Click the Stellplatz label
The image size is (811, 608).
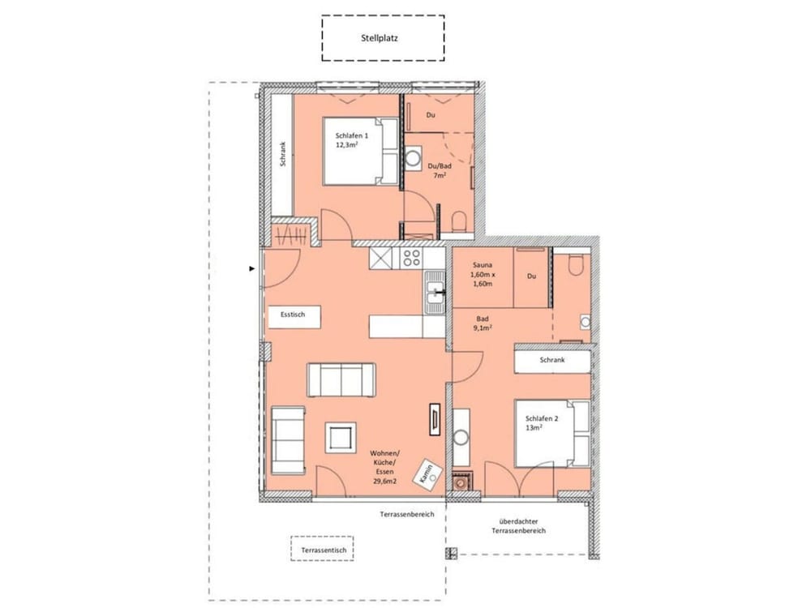(x=379, y=38)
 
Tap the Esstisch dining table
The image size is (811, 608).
(x=294, y=316)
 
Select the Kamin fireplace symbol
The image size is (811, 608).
(x=427, y=473)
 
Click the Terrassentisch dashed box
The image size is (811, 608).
(x=322, y=549)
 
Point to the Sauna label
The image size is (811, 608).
(x=482, y=265)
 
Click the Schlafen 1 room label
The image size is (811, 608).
(x=352, y=136)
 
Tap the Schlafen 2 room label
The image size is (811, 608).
(x=542, y=419)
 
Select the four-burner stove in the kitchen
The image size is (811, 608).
(x=412, y=258)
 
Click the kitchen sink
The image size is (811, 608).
(x=435, y=292)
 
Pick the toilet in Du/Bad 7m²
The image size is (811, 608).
(x=459, y=221)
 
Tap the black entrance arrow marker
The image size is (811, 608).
(x=252, y=269)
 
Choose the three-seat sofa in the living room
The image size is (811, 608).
(x=341, y=380)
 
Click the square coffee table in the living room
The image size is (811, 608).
(x=341, y=438)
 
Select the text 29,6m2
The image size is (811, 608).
(x=384, y=482)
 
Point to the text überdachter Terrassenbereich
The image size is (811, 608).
(x=518, y=526)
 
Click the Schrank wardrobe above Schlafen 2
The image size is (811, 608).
(x=552, y=361)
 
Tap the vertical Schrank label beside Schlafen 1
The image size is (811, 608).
(x=282, y=154)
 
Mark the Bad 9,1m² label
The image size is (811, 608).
(x=483, y=323)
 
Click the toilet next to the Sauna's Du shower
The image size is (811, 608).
(x=575, y=265)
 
